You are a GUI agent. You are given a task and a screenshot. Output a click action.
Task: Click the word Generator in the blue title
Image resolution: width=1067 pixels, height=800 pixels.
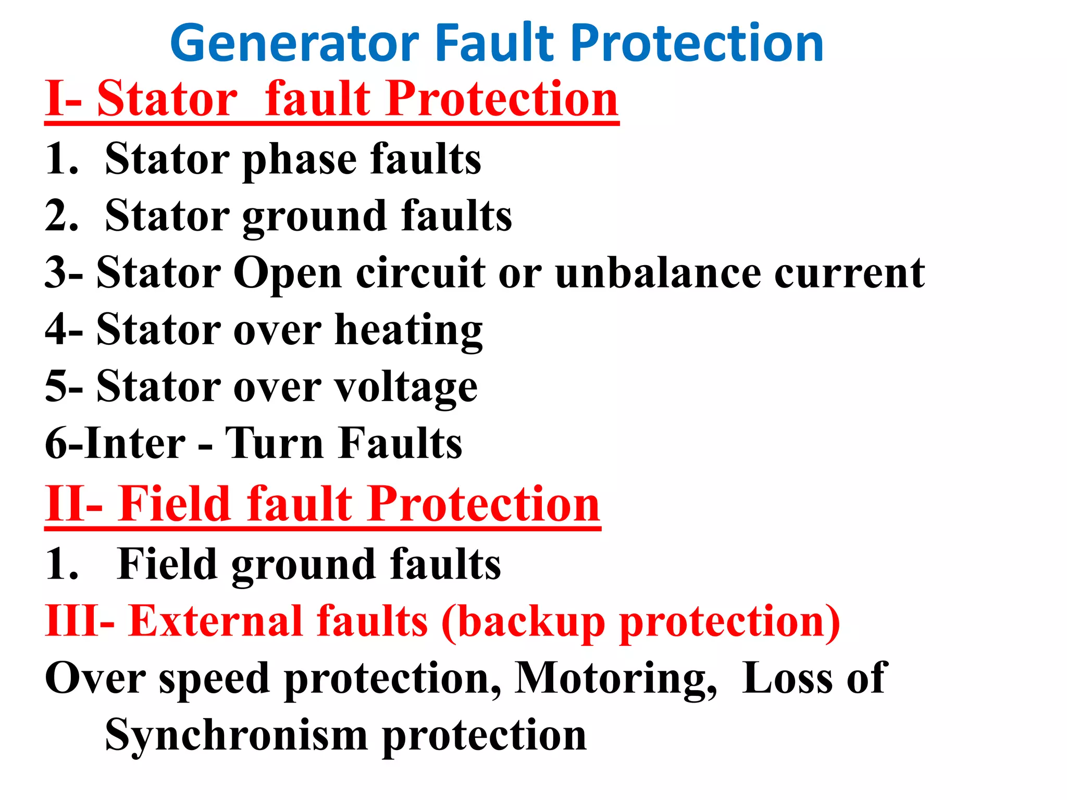click(295, 44)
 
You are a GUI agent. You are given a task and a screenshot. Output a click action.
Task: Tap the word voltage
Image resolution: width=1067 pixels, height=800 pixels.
click(405, 387)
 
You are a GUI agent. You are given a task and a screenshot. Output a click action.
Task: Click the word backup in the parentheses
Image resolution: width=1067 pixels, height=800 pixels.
click(531, 622)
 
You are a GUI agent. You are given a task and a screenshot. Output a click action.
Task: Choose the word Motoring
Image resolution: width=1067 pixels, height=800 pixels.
click(615, 678)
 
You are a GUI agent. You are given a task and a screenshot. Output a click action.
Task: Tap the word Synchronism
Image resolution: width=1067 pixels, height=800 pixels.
click(237, 734)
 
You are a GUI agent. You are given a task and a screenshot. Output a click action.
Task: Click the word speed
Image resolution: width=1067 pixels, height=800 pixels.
click(214, 679)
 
